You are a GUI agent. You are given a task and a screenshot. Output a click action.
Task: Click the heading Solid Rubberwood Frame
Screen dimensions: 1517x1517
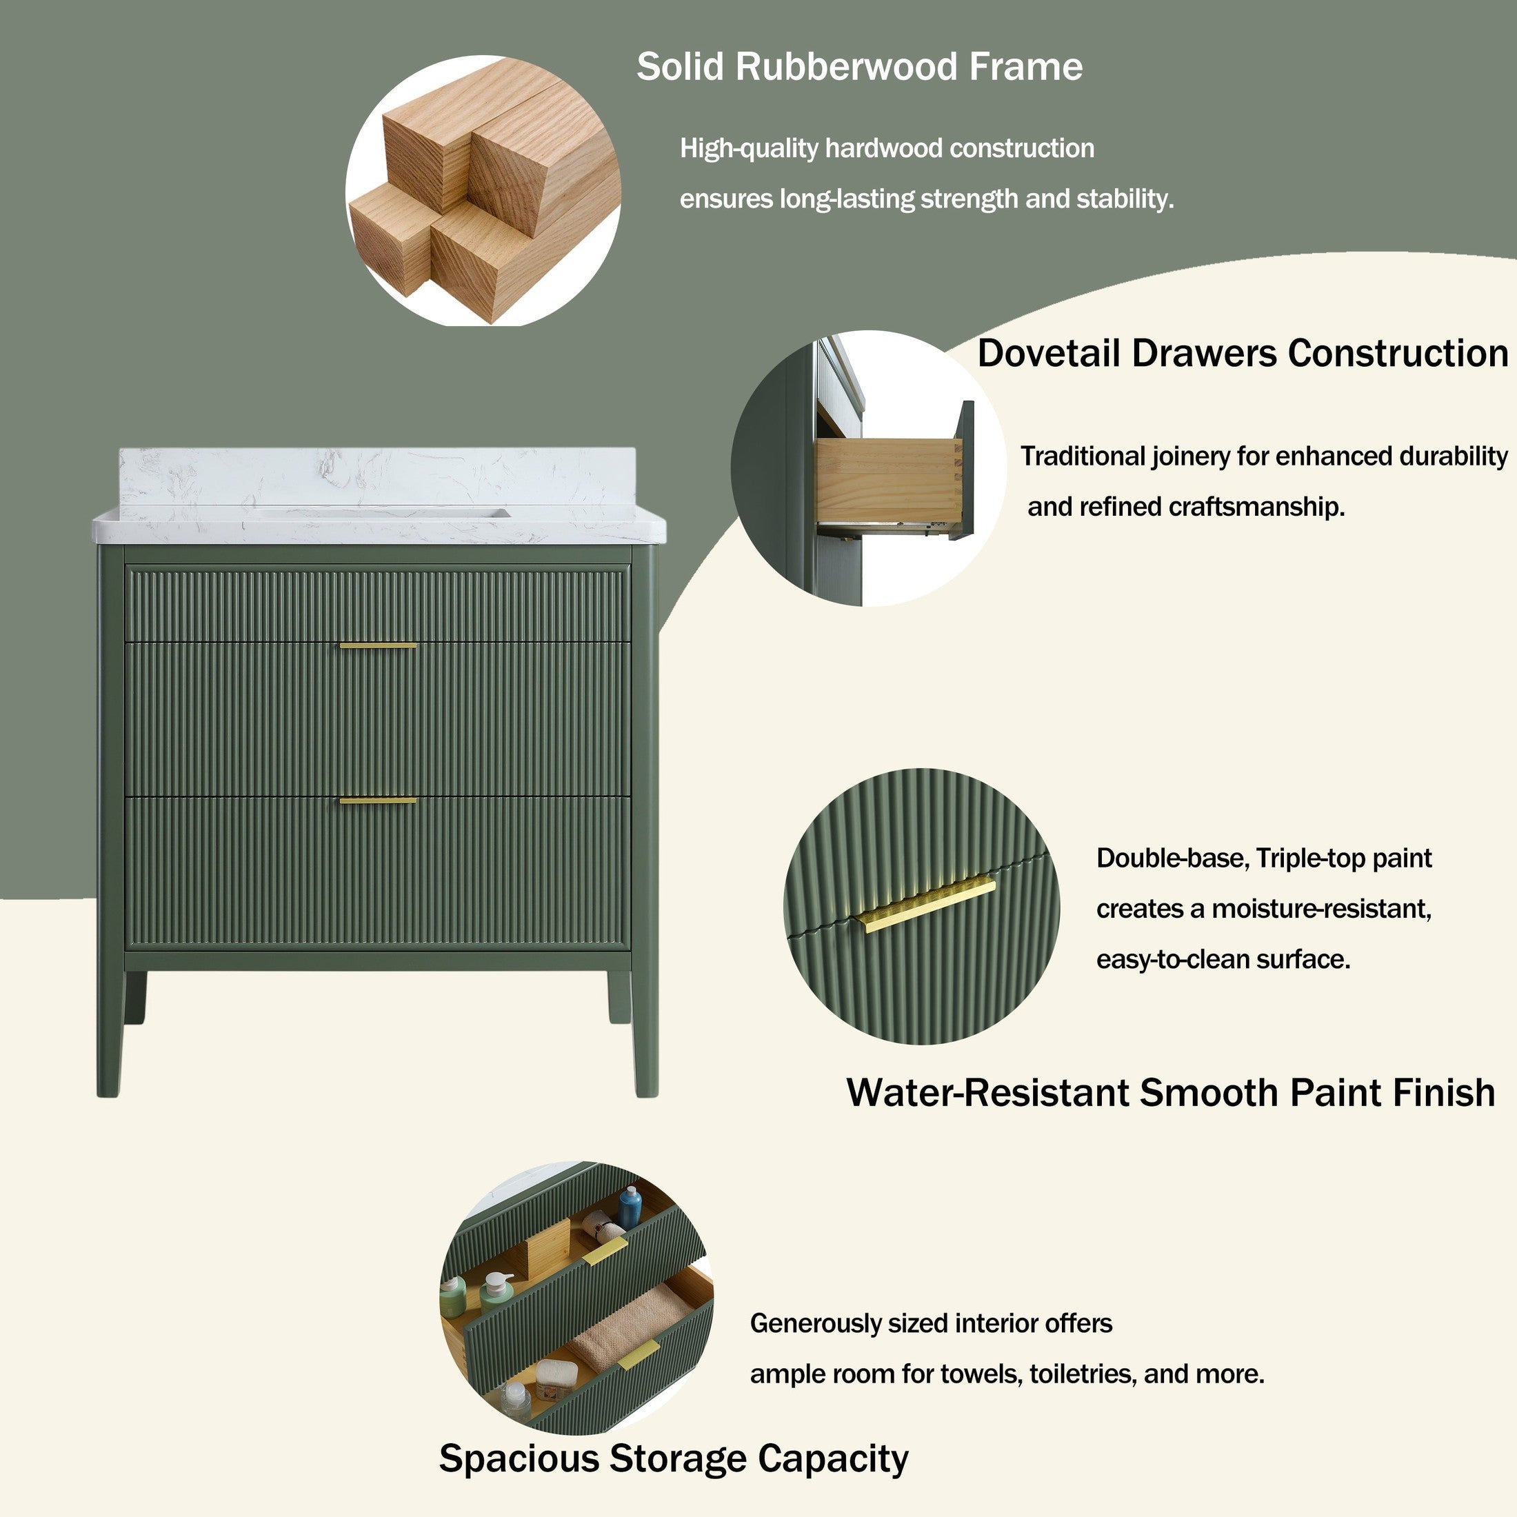tap(859, 67)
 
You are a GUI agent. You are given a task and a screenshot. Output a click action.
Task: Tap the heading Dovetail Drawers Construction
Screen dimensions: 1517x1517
tap(1243, 353)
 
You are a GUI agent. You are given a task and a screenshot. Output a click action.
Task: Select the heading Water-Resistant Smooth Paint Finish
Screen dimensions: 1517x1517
tap(1171, 1092)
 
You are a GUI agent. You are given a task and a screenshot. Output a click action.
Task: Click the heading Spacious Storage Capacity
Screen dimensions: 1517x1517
tap(674, 1458)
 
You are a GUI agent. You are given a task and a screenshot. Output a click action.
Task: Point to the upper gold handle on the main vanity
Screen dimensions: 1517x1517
tap(378, 645)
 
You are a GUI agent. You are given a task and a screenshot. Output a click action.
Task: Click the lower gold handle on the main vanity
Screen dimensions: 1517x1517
tap(378, 801)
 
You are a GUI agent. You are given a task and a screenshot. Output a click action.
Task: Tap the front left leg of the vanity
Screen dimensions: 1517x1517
tap(109, 1029)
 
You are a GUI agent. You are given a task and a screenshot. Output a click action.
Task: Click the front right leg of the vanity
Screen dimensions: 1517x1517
tap(645, 1029)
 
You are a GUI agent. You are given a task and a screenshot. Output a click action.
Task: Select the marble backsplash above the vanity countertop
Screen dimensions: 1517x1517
tap(377, 477)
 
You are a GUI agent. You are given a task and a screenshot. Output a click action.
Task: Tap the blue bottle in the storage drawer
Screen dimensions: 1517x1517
tap(630, 1207)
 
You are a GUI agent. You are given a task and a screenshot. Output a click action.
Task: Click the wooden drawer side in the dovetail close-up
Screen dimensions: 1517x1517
tap(888, 480)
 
